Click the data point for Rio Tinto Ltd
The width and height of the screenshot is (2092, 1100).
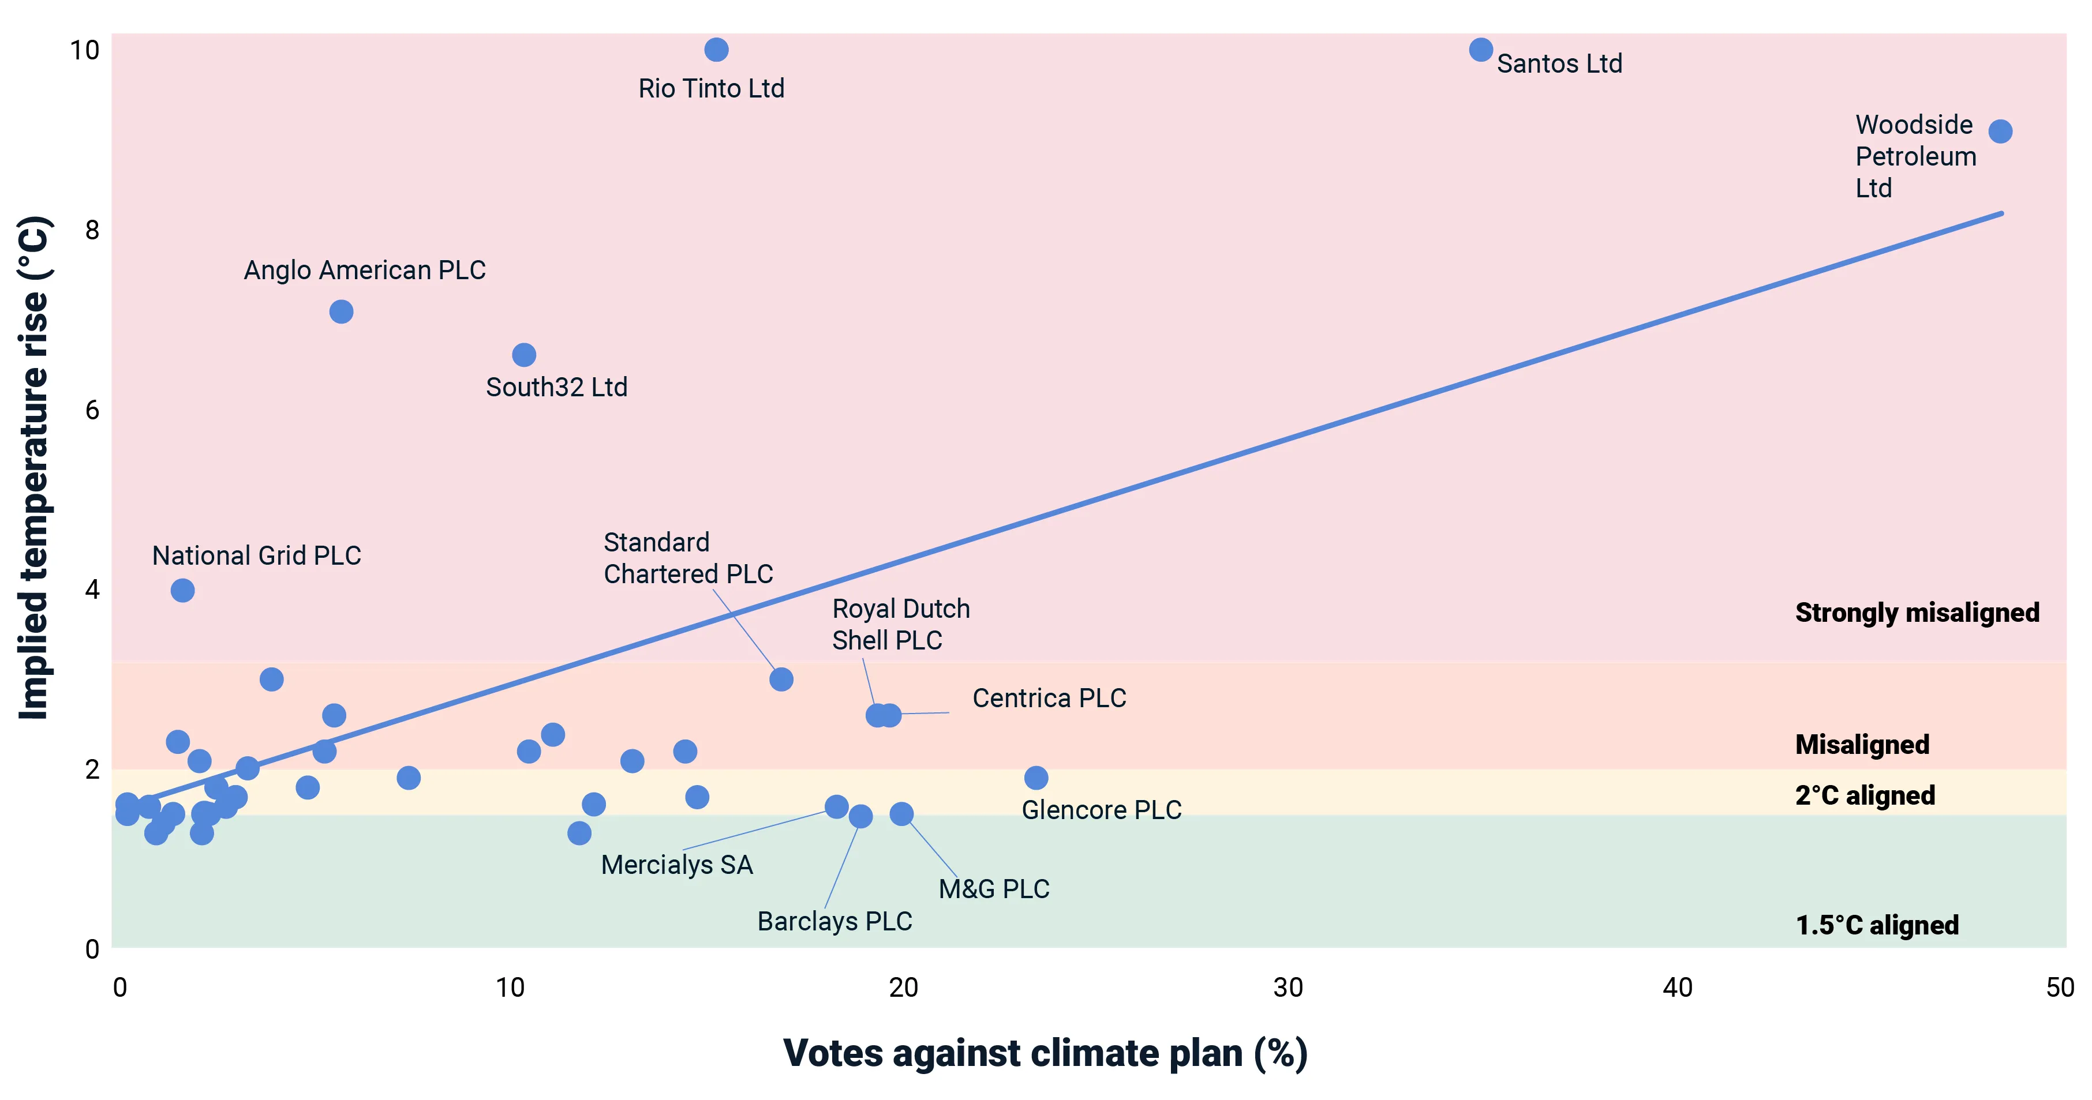pyautogui.click(x=716, y=50)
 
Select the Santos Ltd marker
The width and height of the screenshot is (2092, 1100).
pyautogui.click(x=1480, y=50)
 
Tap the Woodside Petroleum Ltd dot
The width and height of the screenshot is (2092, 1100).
pyautogui.click(x=2000, y=132)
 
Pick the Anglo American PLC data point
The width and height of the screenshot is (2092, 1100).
pyautogui.click(x=341, y=311)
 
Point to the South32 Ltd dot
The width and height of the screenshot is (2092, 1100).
pyautogui.click(x=524, y=355)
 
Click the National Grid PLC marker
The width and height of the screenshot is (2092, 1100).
pyautogui.click(x=183, y=590)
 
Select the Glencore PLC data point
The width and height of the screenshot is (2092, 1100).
pyautogui.click(x=1035, y=778)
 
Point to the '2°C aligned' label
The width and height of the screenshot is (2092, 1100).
pyautogui.click(x=1865, y=795)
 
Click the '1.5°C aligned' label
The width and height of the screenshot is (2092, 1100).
pyautogui.click(x=1877, y=925)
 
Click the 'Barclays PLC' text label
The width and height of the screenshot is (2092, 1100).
pyautogui.click(x=834, y=921)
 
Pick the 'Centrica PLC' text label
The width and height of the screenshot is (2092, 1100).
pyautogui.click(x=1049, y=698)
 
